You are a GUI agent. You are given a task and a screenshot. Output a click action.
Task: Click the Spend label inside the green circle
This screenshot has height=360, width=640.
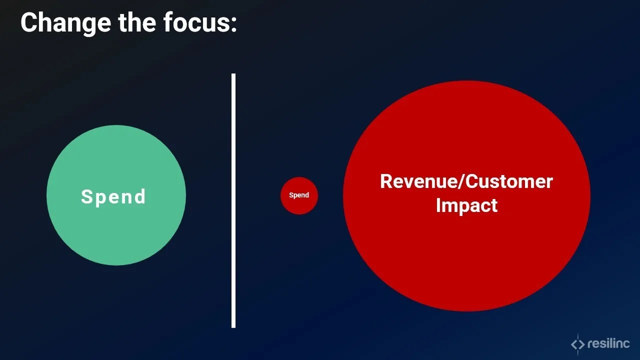pos(113,196)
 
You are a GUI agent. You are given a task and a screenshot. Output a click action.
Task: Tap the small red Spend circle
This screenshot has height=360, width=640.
pos(299,195)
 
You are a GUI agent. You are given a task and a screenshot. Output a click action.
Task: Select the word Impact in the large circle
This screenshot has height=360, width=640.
pos(466,205)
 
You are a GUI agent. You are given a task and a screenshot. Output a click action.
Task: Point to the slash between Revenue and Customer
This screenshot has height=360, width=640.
pos(461,181)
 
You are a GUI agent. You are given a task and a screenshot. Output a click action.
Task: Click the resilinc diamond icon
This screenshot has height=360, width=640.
pos(577,344)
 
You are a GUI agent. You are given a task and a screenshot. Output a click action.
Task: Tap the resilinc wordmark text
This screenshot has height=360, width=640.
pos(609,344)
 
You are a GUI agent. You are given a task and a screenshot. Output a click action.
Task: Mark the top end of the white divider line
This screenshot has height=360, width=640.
pos(233,75)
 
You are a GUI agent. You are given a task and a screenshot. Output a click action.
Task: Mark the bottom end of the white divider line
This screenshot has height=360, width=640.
pos(233,326)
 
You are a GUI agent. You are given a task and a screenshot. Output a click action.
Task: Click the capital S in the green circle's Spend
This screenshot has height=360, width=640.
pos(86,196)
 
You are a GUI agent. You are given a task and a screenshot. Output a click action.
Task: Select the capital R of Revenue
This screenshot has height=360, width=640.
pos(386,181)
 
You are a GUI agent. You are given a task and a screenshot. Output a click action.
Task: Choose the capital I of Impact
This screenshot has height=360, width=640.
pos(438,205)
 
